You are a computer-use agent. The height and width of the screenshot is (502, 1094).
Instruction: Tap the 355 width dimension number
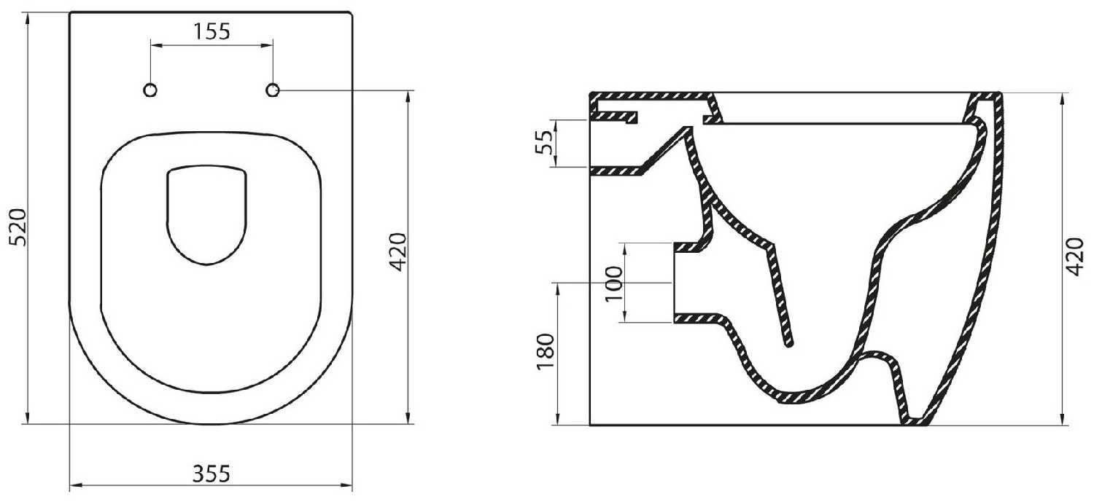(211, 474)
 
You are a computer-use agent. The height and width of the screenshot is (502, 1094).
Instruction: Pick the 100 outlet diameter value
(614, 283)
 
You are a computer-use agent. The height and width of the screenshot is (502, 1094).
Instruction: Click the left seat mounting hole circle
(150, 90)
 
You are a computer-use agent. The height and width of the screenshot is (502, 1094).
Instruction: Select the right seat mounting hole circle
(273, 90)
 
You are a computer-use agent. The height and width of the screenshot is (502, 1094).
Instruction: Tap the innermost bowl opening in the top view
(207, 215)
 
